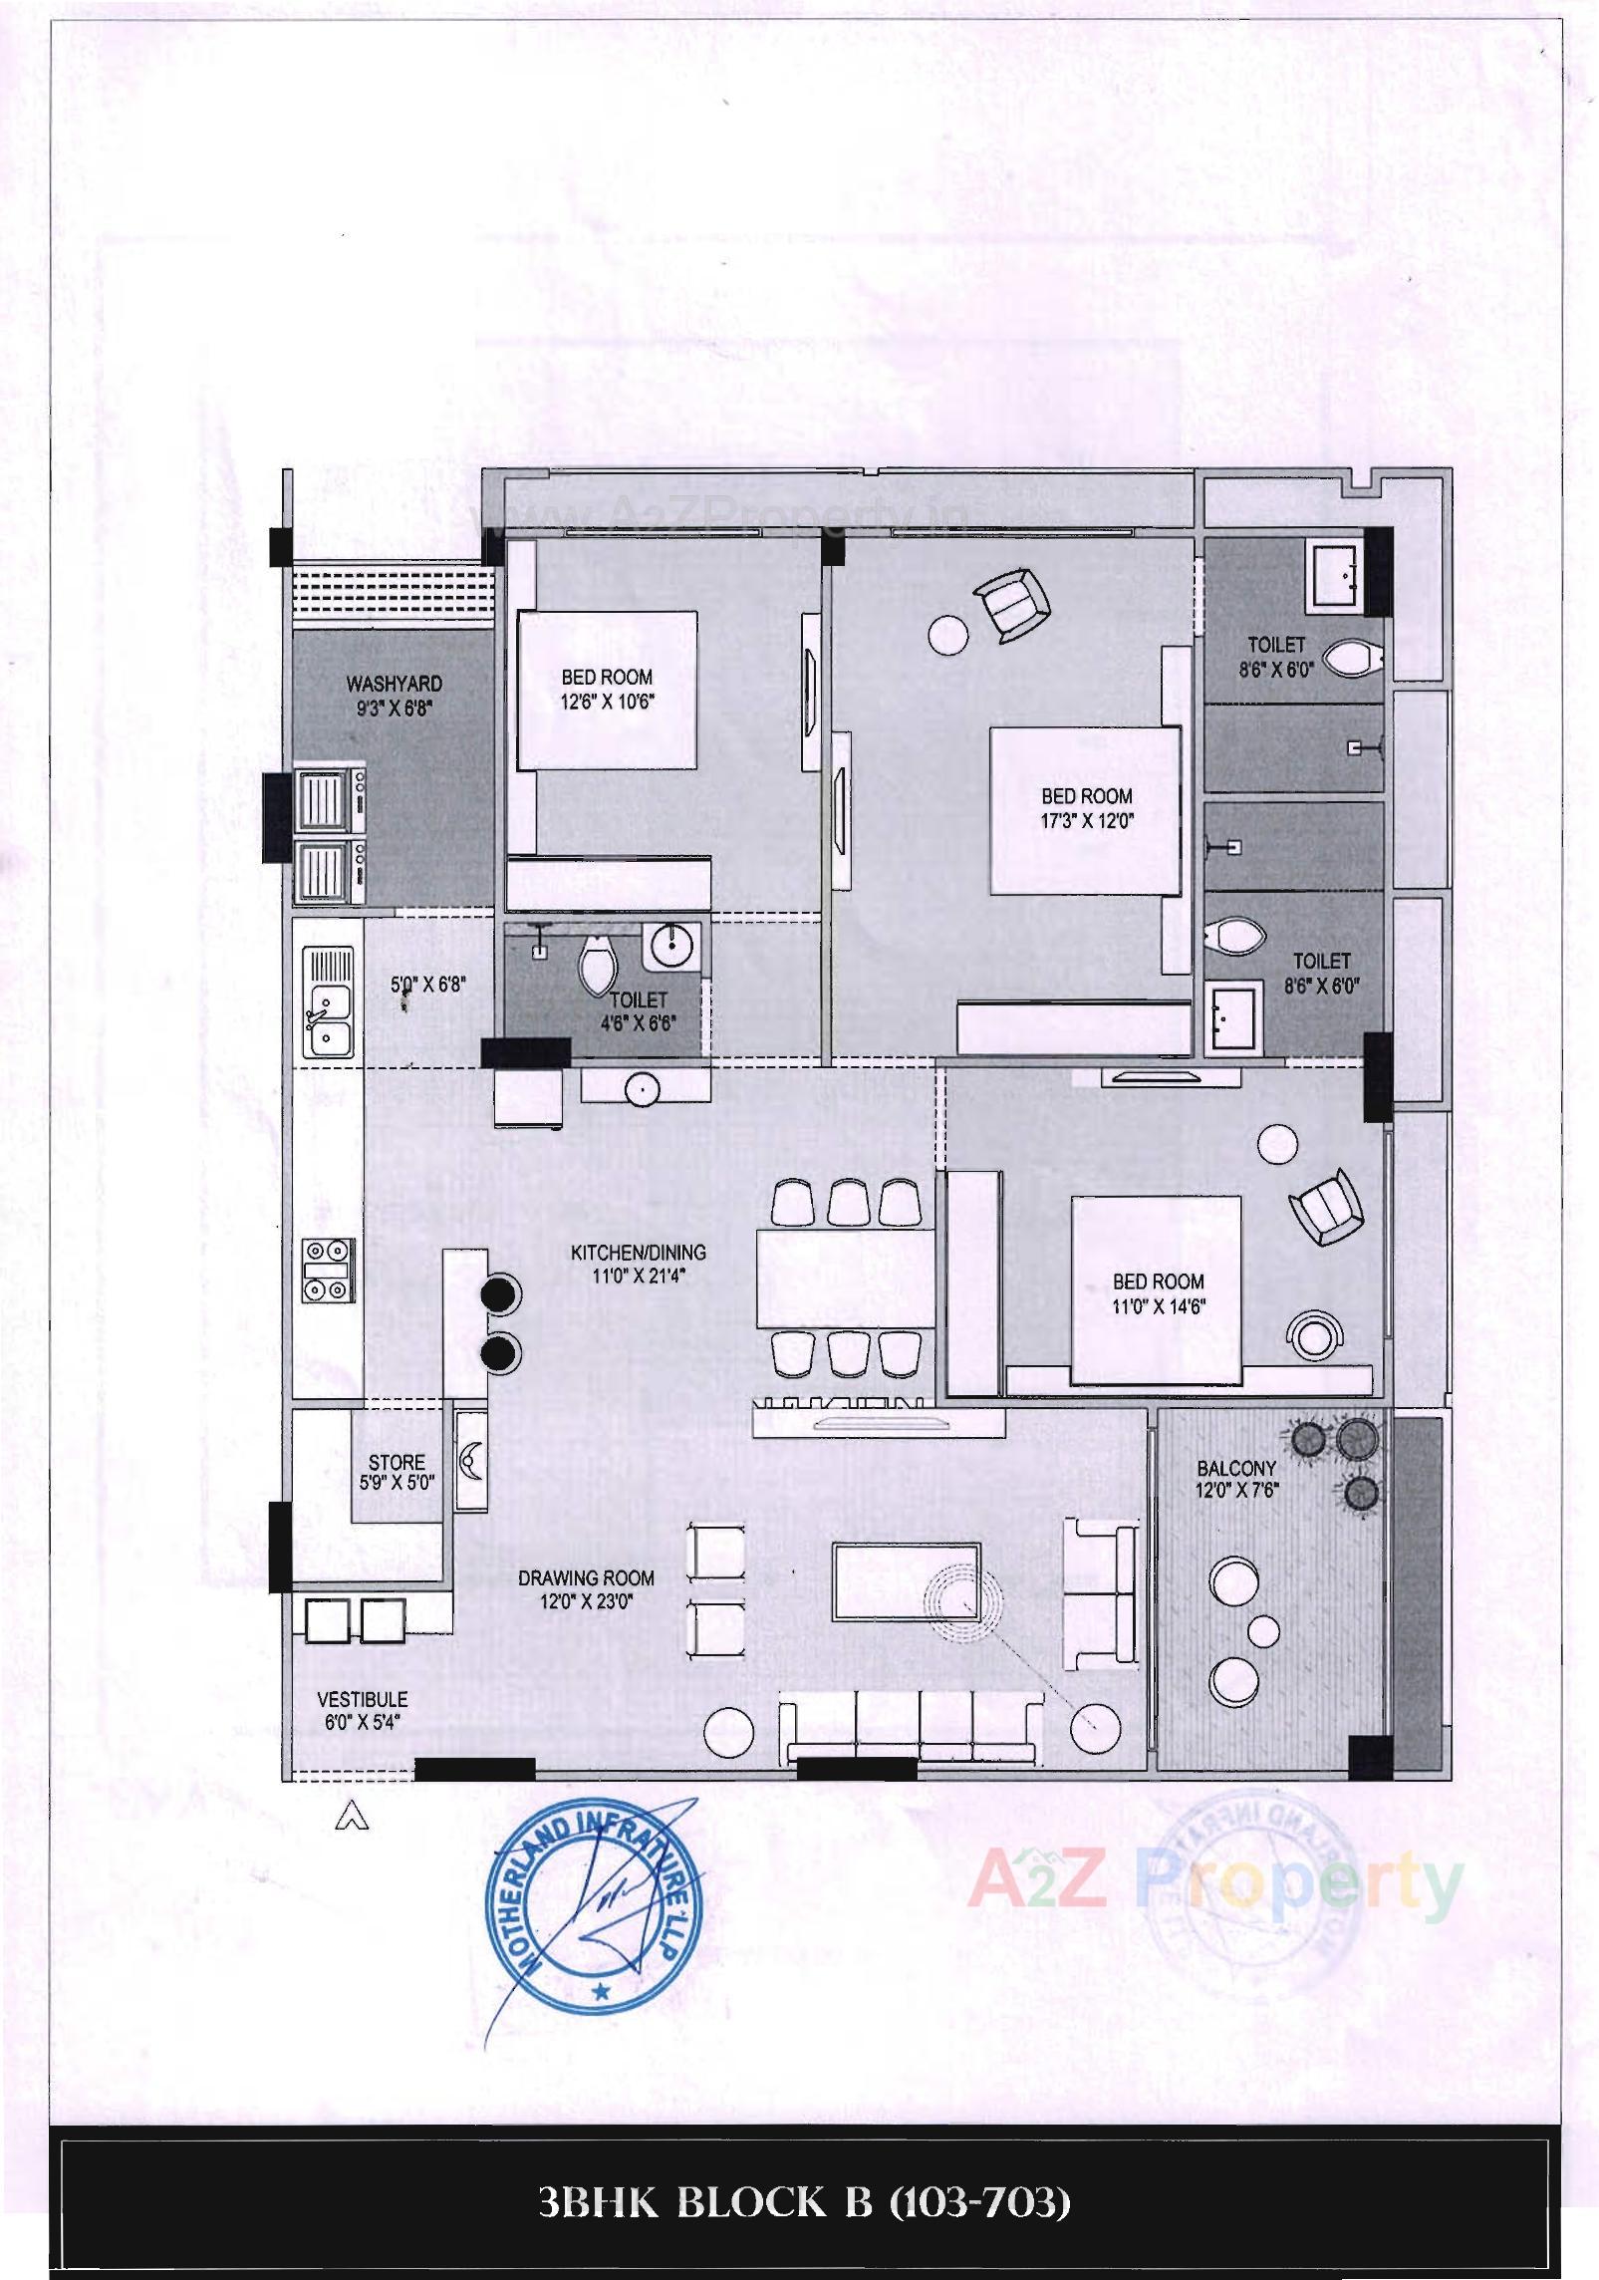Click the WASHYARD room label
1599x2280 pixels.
click(x=394, y=684)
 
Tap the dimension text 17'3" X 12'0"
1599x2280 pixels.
click(x=1087, y=821)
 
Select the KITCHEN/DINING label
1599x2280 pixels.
click(x=638, y=1253)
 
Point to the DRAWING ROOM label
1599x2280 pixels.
click(x=586, y=1577)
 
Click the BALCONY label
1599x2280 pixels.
click(x=1236, y=1468)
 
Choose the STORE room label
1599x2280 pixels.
click(x=397, y=1462)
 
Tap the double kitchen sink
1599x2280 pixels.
click(x=331, y=1021)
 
